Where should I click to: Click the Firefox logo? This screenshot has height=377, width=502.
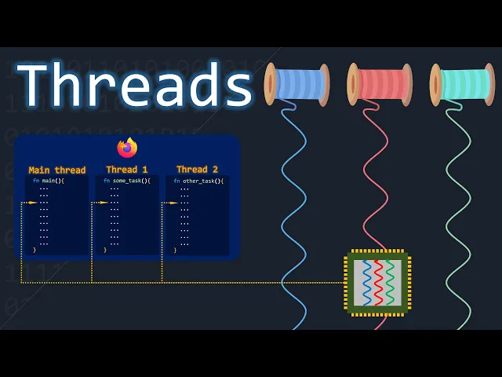pos(127,148)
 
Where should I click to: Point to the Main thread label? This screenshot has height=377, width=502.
pos(57,170)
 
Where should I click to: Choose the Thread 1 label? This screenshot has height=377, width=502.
pos(127,169)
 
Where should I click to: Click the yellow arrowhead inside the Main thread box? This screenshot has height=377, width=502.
pos(32,203)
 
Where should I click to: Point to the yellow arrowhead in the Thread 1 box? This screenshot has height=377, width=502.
pos(103,203)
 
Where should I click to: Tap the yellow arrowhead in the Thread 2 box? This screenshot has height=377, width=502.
pos(173,203)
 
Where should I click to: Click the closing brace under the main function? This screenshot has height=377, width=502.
pos(35,249)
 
